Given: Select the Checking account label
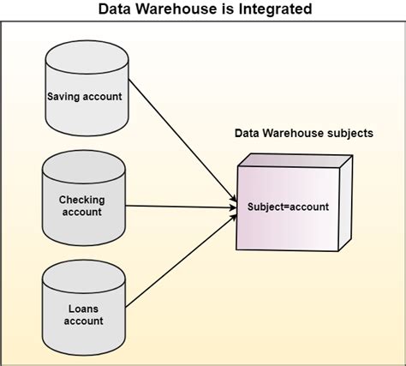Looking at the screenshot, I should point(82,206).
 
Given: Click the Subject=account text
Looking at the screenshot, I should point(287,207).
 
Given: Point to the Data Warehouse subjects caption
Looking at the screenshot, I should point(303,134).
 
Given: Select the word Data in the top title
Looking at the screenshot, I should point(117,9).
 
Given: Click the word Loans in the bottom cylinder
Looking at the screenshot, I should point(83,308).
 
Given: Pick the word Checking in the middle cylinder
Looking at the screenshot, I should point(82,200).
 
